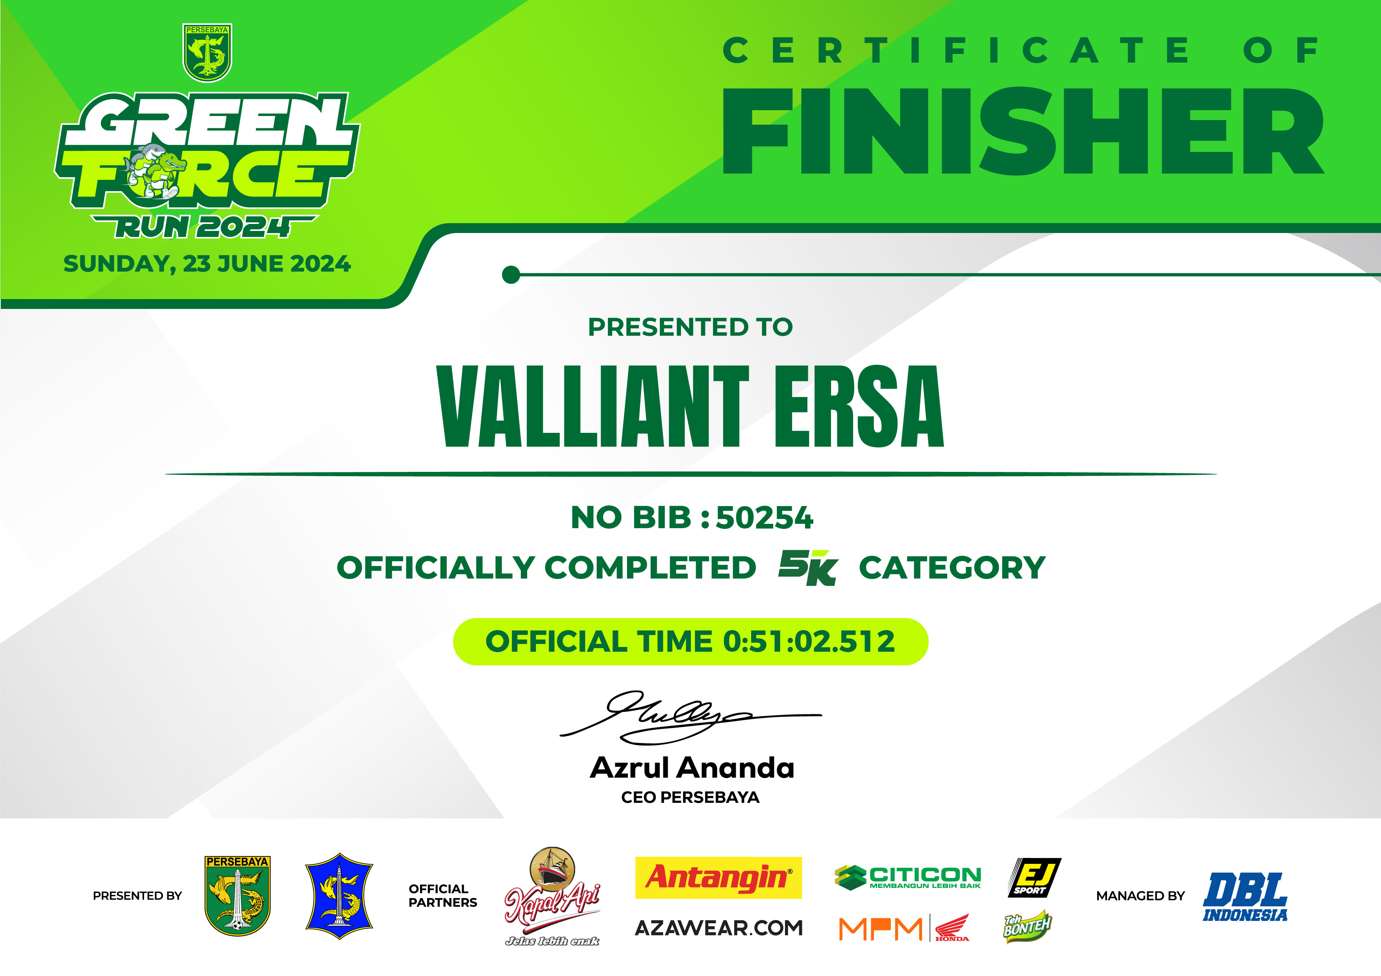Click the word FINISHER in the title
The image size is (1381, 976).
[1022, 131]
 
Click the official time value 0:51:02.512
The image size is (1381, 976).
[808, 641]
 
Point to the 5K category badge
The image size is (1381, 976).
[807, 567]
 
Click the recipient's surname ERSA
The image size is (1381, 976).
[859, 407]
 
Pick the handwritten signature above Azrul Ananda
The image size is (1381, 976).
[690, 717]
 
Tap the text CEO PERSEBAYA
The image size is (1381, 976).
[690, 797]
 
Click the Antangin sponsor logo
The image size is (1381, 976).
[718, 877]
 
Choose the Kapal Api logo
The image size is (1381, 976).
[552, 897]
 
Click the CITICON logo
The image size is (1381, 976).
[908, 877]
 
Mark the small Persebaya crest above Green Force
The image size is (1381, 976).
[207, 53]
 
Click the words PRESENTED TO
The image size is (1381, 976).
[690, 327]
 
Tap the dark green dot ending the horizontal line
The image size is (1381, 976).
[511, 275]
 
